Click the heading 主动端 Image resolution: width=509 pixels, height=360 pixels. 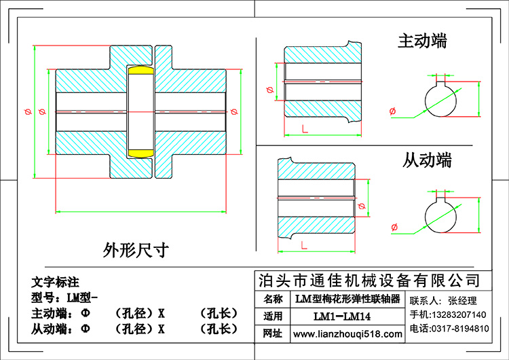(x=422, y=41)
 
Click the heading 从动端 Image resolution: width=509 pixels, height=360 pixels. (x=427, y=160)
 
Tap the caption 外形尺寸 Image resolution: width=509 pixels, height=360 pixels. (x=136, y=250)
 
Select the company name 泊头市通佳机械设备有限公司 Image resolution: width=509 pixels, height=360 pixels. (x=369, y=281)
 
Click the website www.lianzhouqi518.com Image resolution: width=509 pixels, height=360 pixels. (x=347, y=334)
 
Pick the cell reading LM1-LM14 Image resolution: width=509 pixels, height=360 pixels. (x=342, y=316)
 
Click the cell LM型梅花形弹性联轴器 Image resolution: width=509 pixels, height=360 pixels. (x=347, y=299)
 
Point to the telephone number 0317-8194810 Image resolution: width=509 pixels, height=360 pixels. (x=460, y=329)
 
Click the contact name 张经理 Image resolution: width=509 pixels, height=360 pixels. (x=462, y=300)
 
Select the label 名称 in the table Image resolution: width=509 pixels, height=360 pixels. (x=273, y=299)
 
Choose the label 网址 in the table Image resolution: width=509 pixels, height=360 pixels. (x=272, y=334)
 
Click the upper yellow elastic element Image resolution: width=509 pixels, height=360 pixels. (x=140, y=70)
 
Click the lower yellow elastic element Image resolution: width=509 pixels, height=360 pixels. (x=140, y=153)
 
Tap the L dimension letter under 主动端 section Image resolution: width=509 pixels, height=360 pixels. (x=305, y=129)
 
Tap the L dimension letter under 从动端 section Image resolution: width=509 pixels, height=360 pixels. (x=304, y=245)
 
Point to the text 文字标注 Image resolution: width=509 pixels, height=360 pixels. (x=55, y=282)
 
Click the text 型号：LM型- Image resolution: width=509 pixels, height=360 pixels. (x=64, y=298)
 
